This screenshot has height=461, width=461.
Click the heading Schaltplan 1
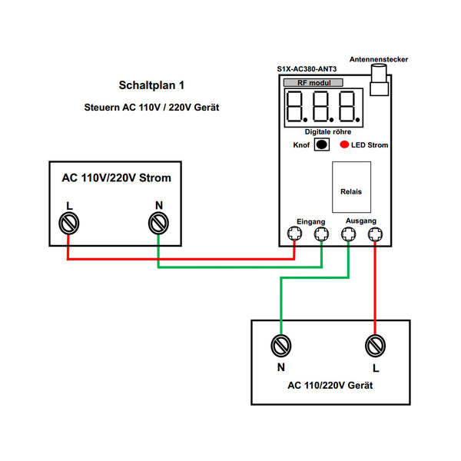tap(151, 85)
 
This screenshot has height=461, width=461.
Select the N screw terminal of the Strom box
tap(158, 224)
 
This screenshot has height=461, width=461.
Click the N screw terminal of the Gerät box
tap(281, 346)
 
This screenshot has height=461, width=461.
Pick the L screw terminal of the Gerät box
tap(375, 346)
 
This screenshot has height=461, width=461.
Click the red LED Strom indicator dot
tap(345, 144)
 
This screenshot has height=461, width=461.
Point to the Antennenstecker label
tap(378, 59)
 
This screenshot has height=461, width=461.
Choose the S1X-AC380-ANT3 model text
tap(308, 69)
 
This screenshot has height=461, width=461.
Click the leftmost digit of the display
tap(297, 107)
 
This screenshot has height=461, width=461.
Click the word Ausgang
tap(361, 221)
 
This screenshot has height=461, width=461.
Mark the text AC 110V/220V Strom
tap(117, 178)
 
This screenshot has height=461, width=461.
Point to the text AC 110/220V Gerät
tap(330, 385)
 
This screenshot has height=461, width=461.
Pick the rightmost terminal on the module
tap(375, 235)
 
